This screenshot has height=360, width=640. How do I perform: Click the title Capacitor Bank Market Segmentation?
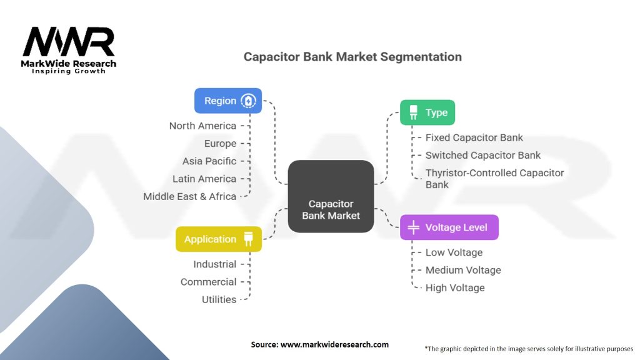[352, 57]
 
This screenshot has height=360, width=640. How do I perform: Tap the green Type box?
[427, 112]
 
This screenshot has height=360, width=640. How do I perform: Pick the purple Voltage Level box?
[449, 227]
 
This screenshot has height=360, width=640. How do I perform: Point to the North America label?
[202, 126]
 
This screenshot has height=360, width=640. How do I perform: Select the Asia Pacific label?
[209, 161]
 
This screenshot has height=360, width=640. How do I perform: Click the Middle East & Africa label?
[189, 196]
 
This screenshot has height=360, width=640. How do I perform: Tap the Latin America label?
[204, 179]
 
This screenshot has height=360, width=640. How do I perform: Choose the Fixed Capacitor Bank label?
[474, 137]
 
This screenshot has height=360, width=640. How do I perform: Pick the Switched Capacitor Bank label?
[483, 155]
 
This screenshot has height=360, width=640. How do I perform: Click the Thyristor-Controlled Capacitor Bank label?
[494, 178]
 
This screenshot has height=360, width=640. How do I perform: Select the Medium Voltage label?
[463, 270]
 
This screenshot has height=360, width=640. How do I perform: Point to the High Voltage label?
[455, 287]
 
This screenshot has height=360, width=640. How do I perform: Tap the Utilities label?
[219, 299]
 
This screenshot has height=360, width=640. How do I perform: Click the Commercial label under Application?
[208, 282]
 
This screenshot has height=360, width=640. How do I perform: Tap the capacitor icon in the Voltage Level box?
[413, 227]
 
